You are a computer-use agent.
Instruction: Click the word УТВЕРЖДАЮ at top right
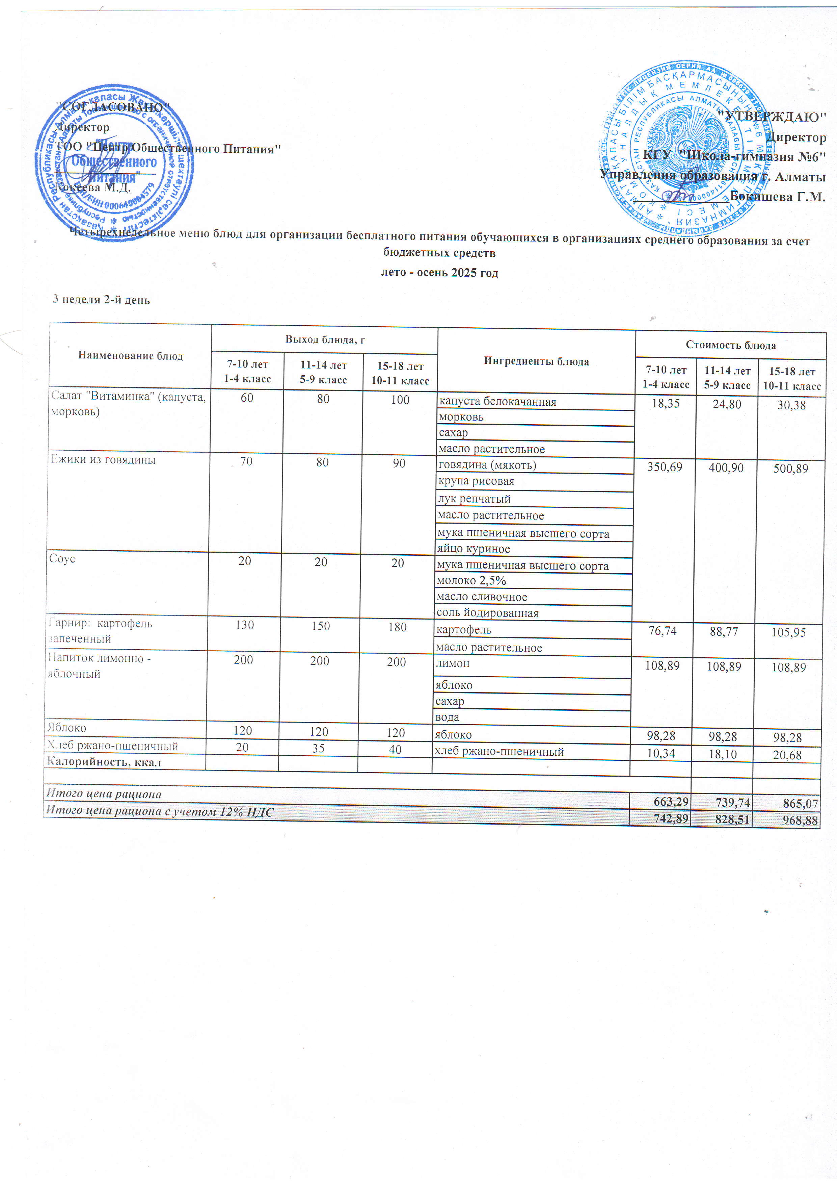tap(774, 117)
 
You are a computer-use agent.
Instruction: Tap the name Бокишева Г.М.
tap(778, 197)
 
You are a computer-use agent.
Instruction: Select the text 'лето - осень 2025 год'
tap(439, 273)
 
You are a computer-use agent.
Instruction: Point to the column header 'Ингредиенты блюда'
tap(536, 362)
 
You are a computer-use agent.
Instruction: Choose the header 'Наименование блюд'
tap(131, 356)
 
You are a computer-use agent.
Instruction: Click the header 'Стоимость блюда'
tap(730, 345)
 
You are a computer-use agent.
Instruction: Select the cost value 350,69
tap(665, 468)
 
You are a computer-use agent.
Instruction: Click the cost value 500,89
tap(790, 469)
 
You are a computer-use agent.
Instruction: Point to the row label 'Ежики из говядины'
tap(103, 460)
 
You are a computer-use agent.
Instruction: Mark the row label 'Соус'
tap(62, 559)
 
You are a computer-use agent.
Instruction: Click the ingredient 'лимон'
tap(452, 663)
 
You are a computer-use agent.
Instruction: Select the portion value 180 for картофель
tap(397, 627)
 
